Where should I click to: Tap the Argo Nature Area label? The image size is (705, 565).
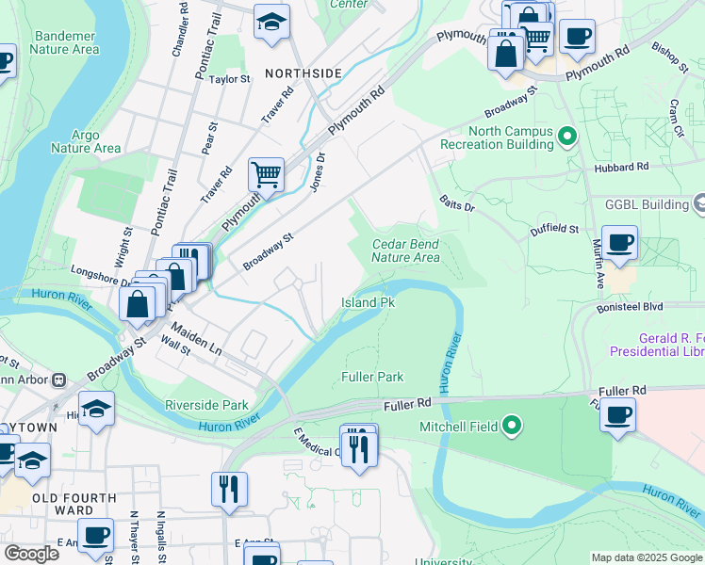click(85, 141)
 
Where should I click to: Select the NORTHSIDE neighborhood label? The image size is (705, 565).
click(303, 73)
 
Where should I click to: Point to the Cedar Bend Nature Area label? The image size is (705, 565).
click(405, 250)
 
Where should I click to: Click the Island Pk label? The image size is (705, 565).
click(367, 303)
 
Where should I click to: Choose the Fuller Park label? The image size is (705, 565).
click(371, 377)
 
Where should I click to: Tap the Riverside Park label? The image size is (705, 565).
click(205, 406)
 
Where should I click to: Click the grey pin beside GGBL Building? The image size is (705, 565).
click(699, 203)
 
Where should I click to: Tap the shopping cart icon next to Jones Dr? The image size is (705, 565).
click(267, 174)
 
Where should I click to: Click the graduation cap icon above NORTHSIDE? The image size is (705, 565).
click(271, 22)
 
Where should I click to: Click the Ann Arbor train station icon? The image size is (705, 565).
click(58, 380)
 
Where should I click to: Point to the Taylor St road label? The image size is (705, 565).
click(229, 80)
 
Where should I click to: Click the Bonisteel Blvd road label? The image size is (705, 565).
click(631, 307)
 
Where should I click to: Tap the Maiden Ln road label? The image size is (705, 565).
click(196, 339)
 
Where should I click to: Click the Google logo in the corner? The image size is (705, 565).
click(31, 554)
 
